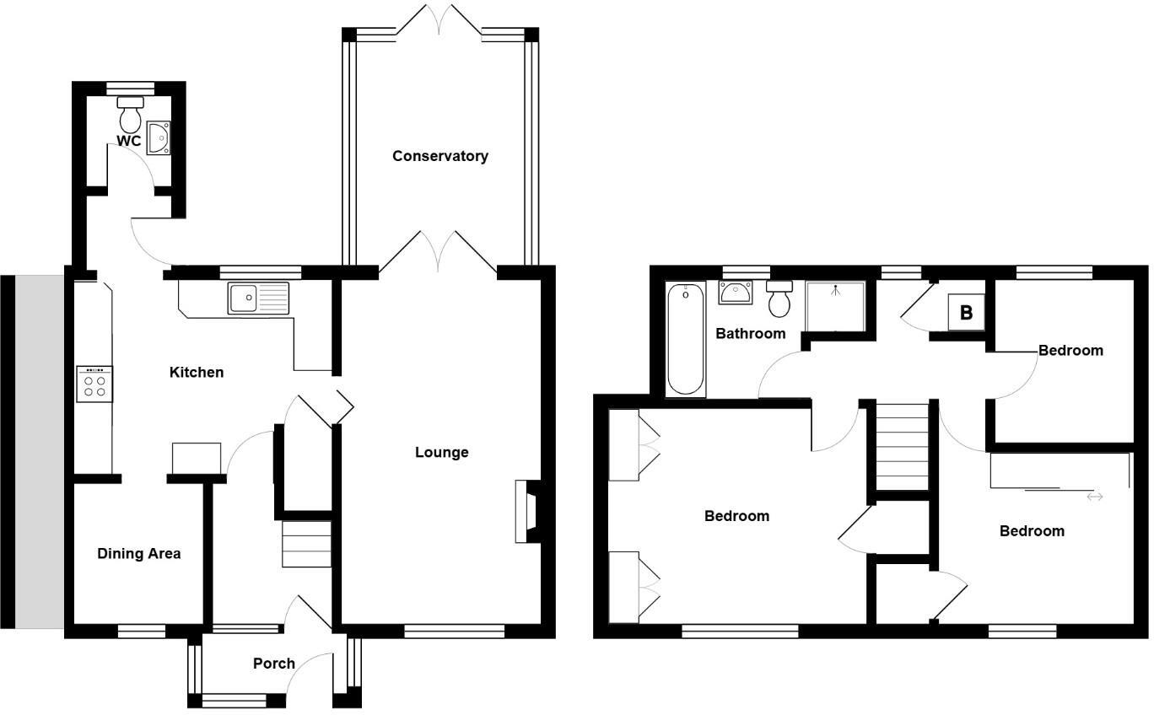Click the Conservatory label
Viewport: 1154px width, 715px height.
pyautogui.click(x=439, y=156)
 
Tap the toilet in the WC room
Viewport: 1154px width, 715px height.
pyautogui.click(x=130, y=111)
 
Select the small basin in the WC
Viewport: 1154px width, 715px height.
pyautogui.click(x=158, y=138)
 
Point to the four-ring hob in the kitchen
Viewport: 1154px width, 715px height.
pyautogui.click(x=94, y=384)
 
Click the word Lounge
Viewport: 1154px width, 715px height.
pyautogui.click(x=441, y=453)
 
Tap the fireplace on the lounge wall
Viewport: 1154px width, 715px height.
pyautogui.click(x=527, y=511)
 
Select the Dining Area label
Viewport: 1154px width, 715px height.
pyautogui.click(x=138, y=554)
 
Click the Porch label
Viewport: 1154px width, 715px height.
pyautogui.click(x=274, y=664)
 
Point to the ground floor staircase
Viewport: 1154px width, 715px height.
pyautogui.click(x=305, y=544)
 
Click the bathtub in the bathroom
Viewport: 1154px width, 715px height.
pyautogui.click(x=686, y=339)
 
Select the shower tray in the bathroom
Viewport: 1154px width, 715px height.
pyautogui.click(x=835, y=306)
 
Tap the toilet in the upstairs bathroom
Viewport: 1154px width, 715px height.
pyautogui.click(x=779, y=297)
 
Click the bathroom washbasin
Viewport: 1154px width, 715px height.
pyautogui.click(x=735, y=293)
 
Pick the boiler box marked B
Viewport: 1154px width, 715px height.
pyautogui.click(x=966, y=313)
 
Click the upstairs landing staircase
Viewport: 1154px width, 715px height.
pyautogui.click(x=903, y=446)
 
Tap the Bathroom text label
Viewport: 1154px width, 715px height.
pyautogui.click(x=750, y=334)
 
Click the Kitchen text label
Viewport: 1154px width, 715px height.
pyautogui.click(x=197, y=372)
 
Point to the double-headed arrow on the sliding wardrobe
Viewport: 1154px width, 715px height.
pyautogui.click(x=1094, y=497)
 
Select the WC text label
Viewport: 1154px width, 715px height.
pyautogui.click(x=128, y=142)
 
